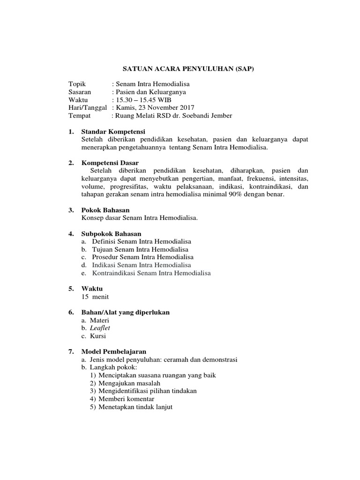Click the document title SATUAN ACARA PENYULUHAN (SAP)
pos(188,69)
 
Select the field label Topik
pos(77,84)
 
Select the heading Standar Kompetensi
pos(113,131)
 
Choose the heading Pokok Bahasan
pos(105,210)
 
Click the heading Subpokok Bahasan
pos(111,233)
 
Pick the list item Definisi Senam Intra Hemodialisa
pos(141,241)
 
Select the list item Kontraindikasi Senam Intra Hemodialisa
pos(151,273)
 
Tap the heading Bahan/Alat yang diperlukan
pos(126,312)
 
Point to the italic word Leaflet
pos(101,328)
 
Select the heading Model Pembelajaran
pos(114,352)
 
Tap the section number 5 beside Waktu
pos(71,289)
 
